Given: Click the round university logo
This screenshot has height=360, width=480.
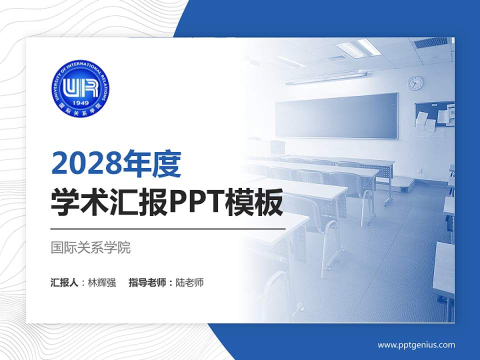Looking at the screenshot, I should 80,90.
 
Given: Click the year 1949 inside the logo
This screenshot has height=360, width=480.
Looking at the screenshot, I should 80,103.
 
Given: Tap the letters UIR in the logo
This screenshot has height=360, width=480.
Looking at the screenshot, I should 80,88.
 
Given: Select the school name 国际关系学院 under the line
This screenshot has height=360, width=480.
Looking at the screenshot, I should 90,247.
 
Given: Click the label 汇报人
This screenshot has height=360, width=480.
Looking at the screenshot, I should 64,282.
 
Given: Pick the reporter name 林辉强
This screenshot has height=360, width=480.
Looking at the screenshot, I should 102,282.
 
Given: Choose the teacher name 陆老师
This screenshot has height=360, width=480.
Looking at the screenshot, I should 190,282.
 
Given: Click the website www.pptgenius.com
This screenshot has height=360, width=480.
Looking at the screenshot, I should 416,344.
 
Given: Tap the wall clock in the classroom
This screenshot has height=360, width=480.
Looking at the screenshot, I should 415,83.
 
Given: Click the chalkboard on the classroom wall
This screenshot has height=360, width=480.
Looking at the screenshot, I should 336,115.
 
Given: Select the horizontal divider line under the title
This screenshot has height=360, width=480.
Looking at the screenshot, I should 168,228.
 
